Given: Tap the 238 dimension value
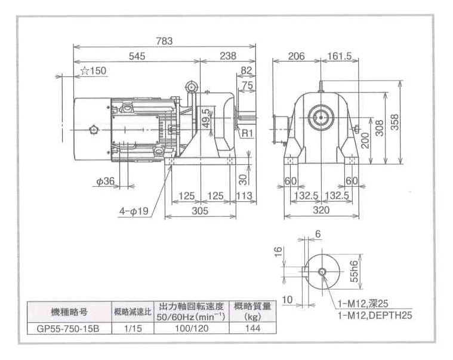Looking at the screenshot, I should (227, 56).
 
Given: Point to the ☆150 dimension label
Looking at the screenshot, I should (93, 71).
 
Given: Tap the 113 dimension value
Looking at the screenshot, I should (244, 196).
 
